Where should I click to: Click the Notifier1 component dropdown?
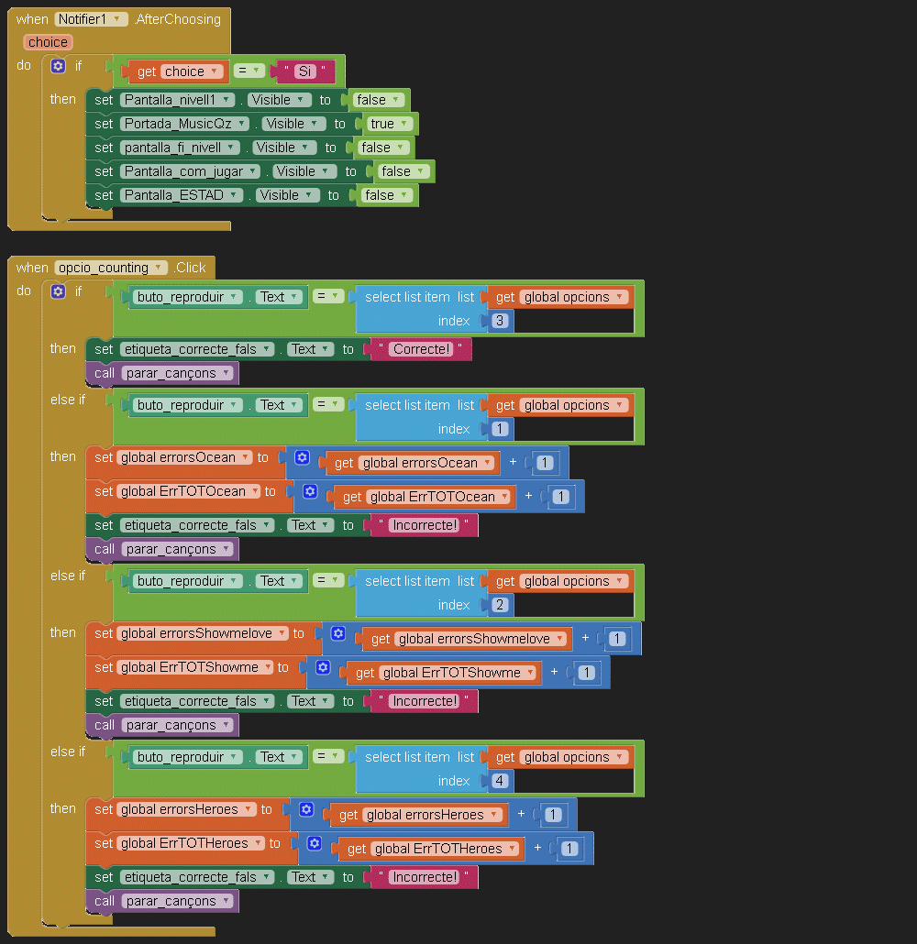pyautogui.click(x=91, y=19)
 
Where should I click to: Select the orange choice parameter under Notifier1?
pyautogui.click(x=48, y=42)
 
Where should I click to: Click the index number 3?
pyautogui.click(x=500, y=321)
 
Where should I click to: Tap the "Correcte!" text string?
pyautogui.click(x=422, y=349)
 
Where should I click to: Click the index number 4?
pyautogui.click(x=500, y=781)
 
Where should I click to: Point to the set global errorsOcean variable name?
pyautogui.click(x=183, y=457)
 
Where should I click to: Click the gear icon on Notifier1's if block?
pyautogui.click(x=58, y=66)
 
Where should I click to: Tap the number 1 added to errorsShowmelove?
pyautogui.click(x=617, y=639)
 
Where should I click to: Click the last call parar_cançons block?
pyautogui.click(x=162, y=901)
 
